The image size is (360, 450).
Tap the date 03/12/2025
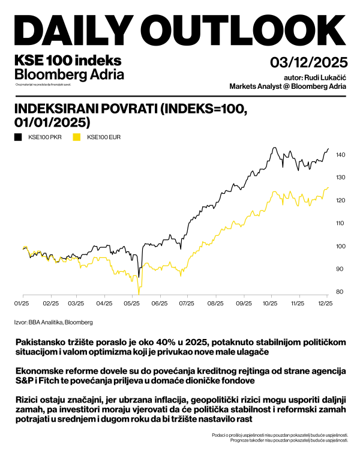tap(308, 62)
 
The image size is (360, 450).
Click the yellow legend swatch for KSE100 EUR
tap(76, 137)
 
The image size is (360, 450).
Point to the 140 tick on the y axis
tap(341, 155)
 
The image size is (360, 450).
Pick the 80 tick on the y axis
tap(340, 292)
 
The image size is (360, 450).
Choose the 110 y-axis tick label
tap(341, 223)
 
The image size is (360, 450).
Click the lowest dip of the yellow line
tap(139, 292)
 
